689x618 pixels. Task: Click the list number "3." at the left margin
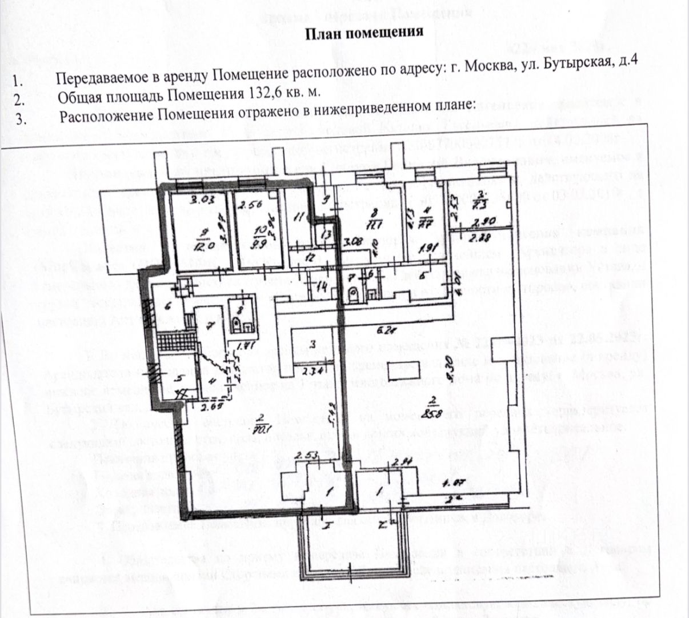coord(21,120)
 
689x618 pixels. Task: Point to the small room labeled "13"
coord(326,234)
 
